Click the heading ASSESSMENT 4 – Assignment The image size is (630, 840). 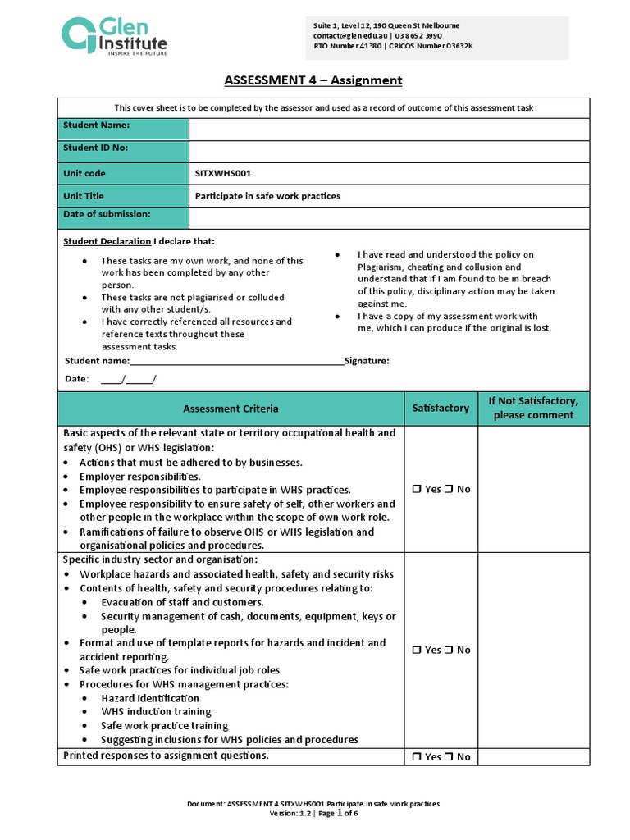tap(313, 80)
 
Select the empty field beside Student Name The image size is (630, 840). tap(389, 130)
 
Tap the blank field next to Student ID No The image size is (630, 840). tap(389, 152)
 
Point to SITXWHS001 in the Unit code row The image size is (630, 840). tap(223, 174)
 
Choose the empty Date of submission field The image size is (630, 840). tap(389, 217)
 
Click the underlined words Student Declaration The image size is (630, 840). tap(107, 241)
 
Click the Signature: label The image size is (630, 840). tap(367, 361)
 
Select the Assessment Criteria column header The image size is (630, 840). tap(231, 409)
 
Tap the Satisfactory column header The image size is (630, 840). tap(441, 408)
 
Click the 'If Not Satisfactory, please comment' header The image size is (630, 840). tap(533, 408)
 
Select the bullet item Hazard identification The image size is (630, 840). tap(150, 698)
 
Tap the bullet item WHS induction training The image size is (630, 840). tap(156, 712)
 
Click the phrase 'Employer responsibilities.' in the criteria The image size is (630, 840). tap(139, 477)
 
